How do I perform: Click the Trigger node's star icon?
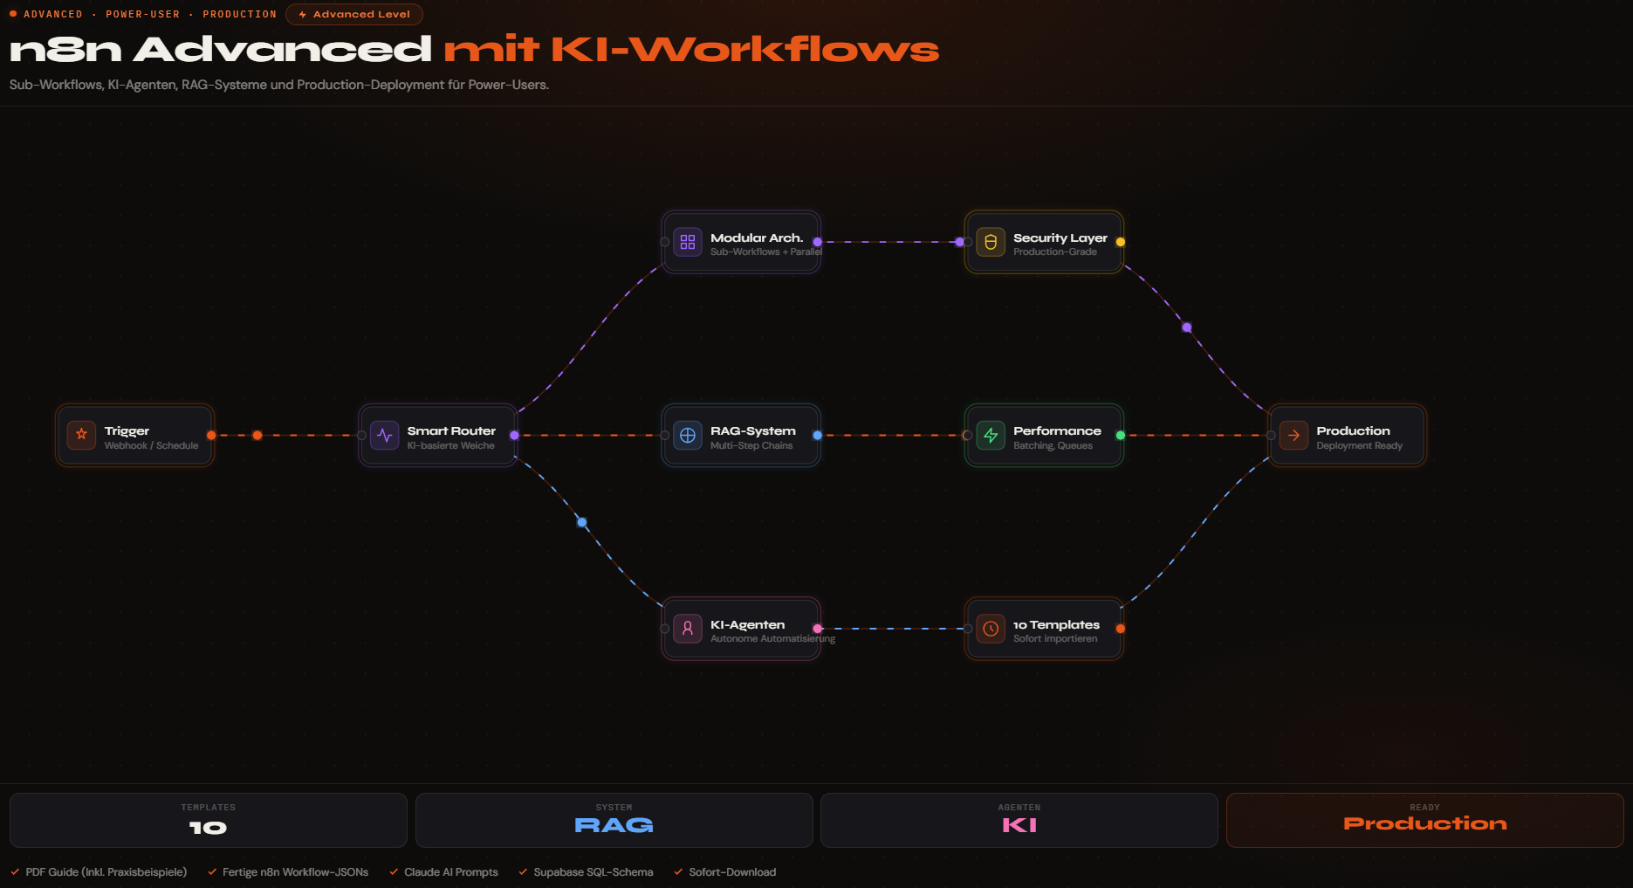click(x=81, y=434)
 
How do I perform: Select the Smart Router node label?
click(x=450, y=430)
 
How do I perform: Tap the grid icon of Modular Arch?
click(x=687, y=242)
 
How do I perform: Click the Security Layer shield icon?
click(x=990, y=242)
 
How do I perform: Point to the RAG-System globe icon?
click(x=687, y=435)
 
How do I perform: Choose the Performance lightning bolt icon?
click(x=990, y=435)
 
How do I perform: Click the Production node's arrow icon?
click(x=1293, y=435)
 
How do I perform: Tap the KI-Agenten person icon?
click(x=687, y=628)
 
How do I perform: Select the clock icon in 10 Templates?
click(x=990, y=628)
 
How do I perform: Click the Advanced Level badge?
click(x=354, y=14)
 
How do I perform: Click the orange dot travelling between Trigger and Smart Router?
click(x=257, y=435)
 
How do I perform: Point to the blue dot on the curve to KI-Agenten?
click(x=582, y=522)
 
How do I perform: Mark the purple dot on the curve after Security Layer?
click(x=1186, y=327)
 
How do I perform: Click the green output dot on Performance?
click(x=1120, y=435)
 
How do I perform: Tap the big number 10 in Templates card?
click(x=208, y=828)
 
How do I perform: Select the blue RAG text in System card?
click(x=614, y=825)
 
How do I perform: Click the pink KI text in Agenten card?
click(x=1019, y=825)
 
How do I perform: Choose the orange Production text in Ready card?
click(x=1424, y=823)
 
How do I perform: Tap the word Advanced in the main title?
click(x=282, y=50)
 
